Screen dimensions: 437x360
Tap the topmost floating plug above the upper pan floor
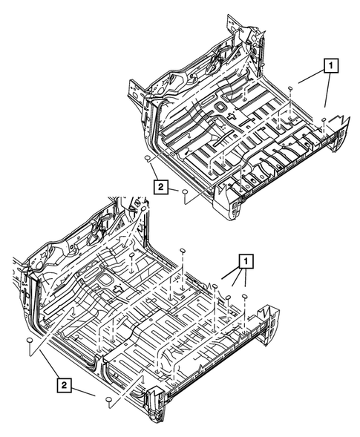click(x=290, y=89)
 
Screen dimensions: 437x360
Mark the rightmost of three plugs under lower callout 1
click(x=243, y=298)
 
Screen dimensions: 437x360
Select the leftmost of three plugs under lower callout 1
click(x=215, y=286)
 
